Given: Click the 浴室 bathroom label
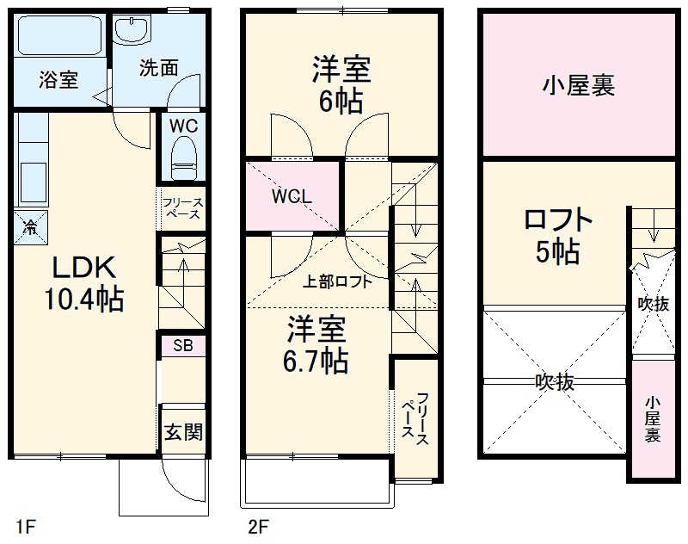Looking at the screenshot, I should (58, 80).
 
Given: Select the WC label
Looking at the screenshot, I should (183, 126).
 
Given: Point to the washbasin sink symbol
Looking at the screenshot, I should (134, 31).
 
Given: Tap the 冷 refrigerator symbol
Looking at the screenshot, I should (30, 227).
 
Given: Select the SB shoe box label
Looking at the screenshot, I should (182, 346).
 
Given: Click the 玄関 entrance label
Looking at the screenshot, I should (183, 430).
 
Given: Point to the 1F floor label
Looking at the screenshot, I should (26, 525).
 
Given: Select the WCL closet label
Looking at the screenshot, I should (292, 196).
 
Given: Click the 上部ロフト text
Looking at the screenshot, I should (337, 281).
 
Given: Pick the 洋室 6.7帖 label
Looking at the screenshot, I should (317, 343).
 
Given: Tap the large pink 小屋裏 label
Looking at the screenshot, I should (578, 85).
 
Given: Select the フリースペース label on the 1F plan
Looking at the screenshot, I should (182, 208).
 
